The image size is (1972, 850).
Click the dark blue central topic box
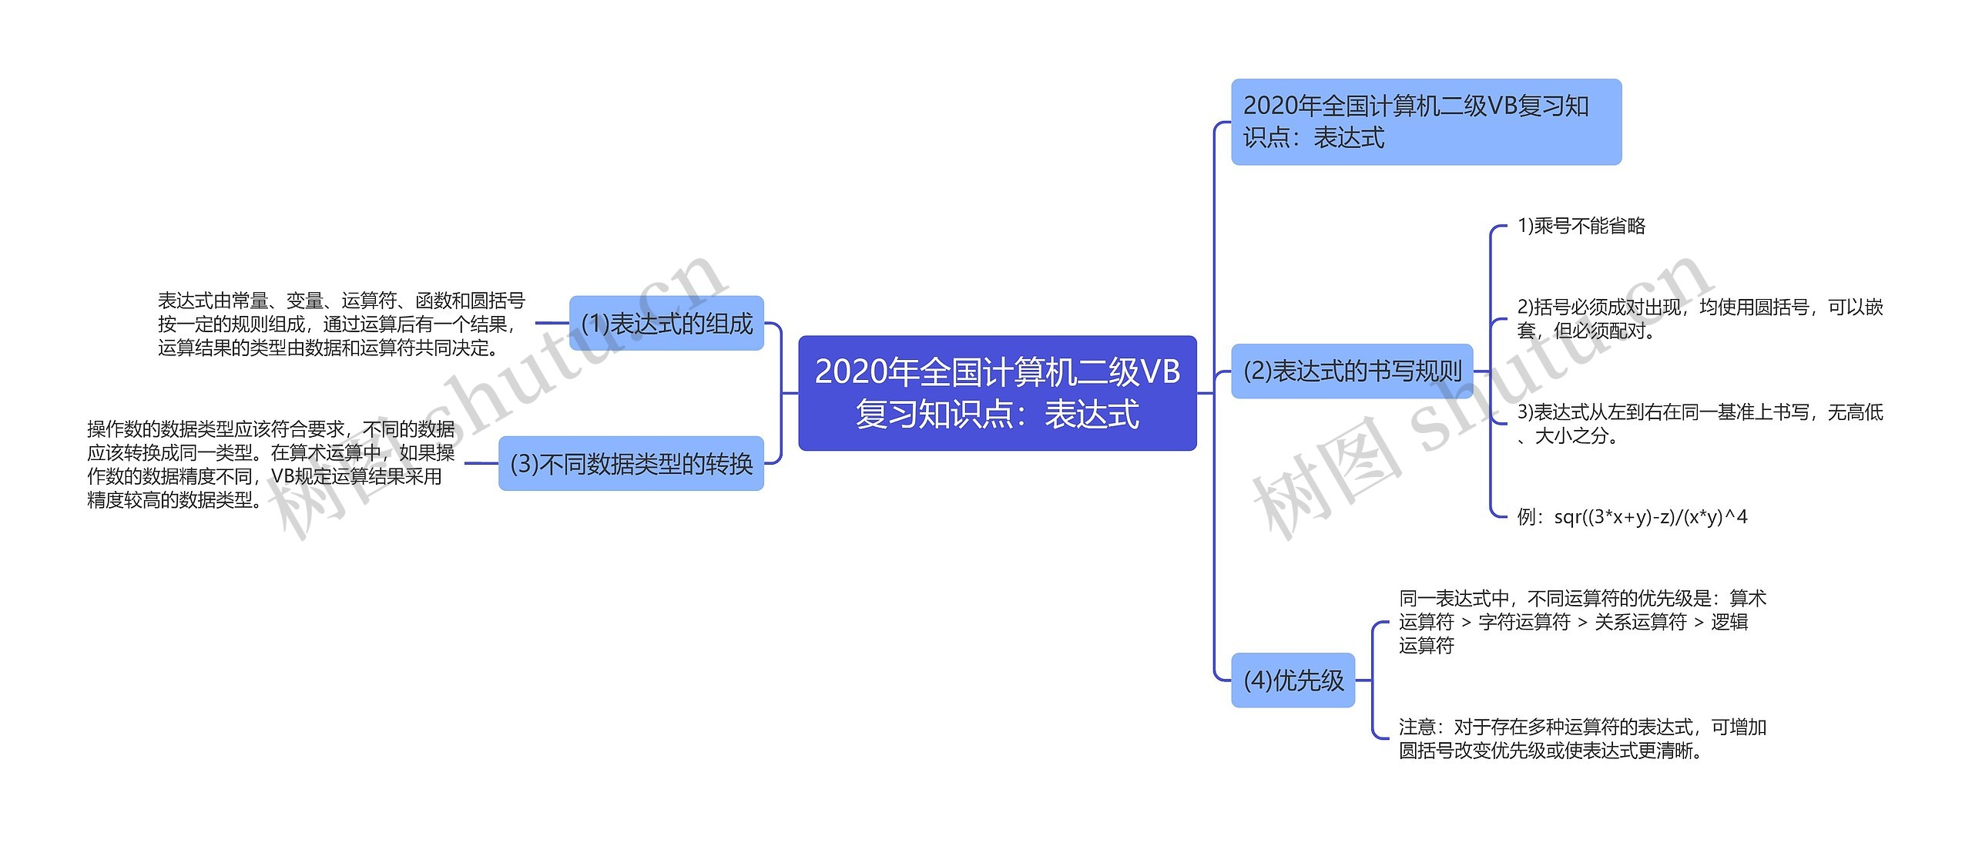pyautogui.click(x=997, y=393)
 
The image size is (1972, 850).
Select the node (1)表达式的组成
pyautogui.click(x=666, y=324)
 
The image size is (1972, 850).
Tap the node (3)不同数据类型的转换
pyautogui.click(x=631, y=464)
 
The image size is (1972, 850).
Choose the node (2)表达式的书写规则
pyautogui.click(x=1352, y=371)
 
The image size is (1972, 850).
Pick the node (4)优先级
pyautogui.click(x=1293, y=680)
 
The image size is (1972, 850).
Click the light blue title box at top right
pyautogui.click(x=1426, y=122)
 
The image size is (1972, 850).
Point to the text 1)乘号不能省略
pyautogui.click(x=1581, y=226)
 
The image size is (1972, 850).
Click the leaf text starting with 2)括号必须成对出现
pyautogui.click(x=1699, y=319)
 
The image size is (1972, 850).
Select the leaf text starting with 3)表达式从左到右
pyautogui.click(x=1699, y=424)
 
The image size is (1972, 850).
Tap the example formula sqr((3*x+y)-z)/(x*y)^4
pyautogui.click(x=1632, y=517)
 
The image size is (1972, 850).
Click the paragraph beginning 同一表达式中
pyautogui.click(x=1582, y=622)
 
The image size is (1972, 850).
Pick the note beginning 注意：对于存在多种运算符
pyautogui.click(x=1582, y=739)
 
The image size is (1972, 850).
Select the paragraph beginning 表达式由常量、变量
pyautogui.click(x=341, y=324)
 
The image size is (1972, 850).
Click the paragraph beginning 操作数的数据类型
pyautogui.click(x=270, y=465)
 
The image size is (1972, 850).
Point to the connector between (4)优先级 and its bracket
pyautogui.click(x=1363, y=680)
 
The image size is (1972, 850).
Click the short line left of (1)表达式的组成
pyautogui.click(x=552, y=324)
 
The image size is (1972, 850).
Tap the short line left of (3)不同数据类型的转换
pyautogui.click(x=481, y=464)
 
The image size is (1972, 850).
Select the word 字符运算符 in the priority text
pyautogui.click(x=1524, y=622)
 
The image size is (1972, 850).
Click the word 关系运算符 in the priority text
pyautogui.click(x=1640, y=622)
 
